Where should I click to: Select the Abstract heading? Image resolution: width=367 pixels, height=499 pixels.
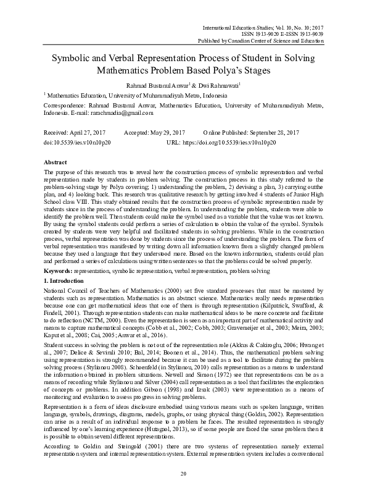(x=56, y=161)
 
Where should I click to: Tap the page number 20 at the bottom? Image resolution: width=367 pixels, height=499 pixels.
(x=183, y=473)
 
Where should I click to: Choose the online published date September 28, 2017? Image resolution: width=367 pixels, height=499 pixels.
(x=278, y=133)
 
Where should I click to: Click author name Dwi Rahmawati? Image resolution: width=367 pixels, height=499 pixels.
(x=210, y=85)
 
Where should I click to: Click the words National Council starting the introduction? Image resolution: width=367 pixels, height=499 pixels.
(x=66, y=291)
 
